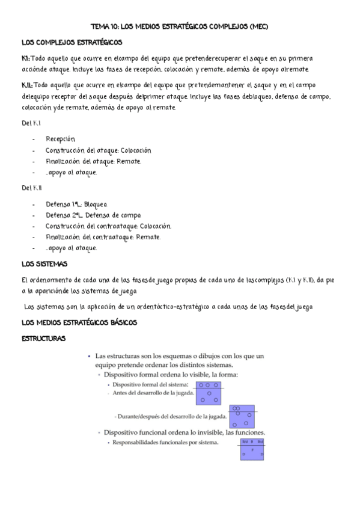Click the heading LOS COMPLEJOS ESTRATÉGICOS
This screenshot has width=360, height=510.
[x=72, y=43]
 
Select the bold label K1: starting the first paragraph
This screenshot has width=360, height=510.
[x=25, y=58]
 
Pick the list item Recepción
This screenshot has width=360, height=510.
[x=61, y=139]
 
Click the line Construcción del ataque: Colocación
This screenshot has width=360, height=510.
[x=99, y=150]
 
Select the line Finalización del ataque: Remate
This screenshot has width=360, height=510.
[x=94, y=161]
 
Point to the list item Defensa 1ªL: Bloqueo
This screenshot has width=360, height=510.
[x=76, y=204]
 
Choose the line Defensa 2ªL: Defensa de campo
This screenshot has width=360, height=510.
[x=93, y=215]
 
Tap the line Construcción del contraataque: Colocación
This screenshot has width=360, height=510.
[x=108, y=226]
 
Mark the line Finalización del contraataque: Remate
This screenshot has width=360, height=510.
[x=103, y=237]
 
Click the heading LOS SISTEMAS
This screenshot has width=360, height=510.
[x=44, y=264]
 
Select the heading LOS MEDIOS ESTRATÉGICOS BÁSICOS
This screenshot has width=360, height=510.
[x=79, y=323]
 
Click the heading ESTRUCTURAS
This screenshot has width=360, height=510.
[x=43, y=339]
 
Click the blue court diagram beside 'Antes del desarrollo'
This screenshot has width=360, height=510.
[x=209, y=392]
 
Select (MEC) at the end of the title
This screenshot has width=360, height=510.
[x=257, y=27]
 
